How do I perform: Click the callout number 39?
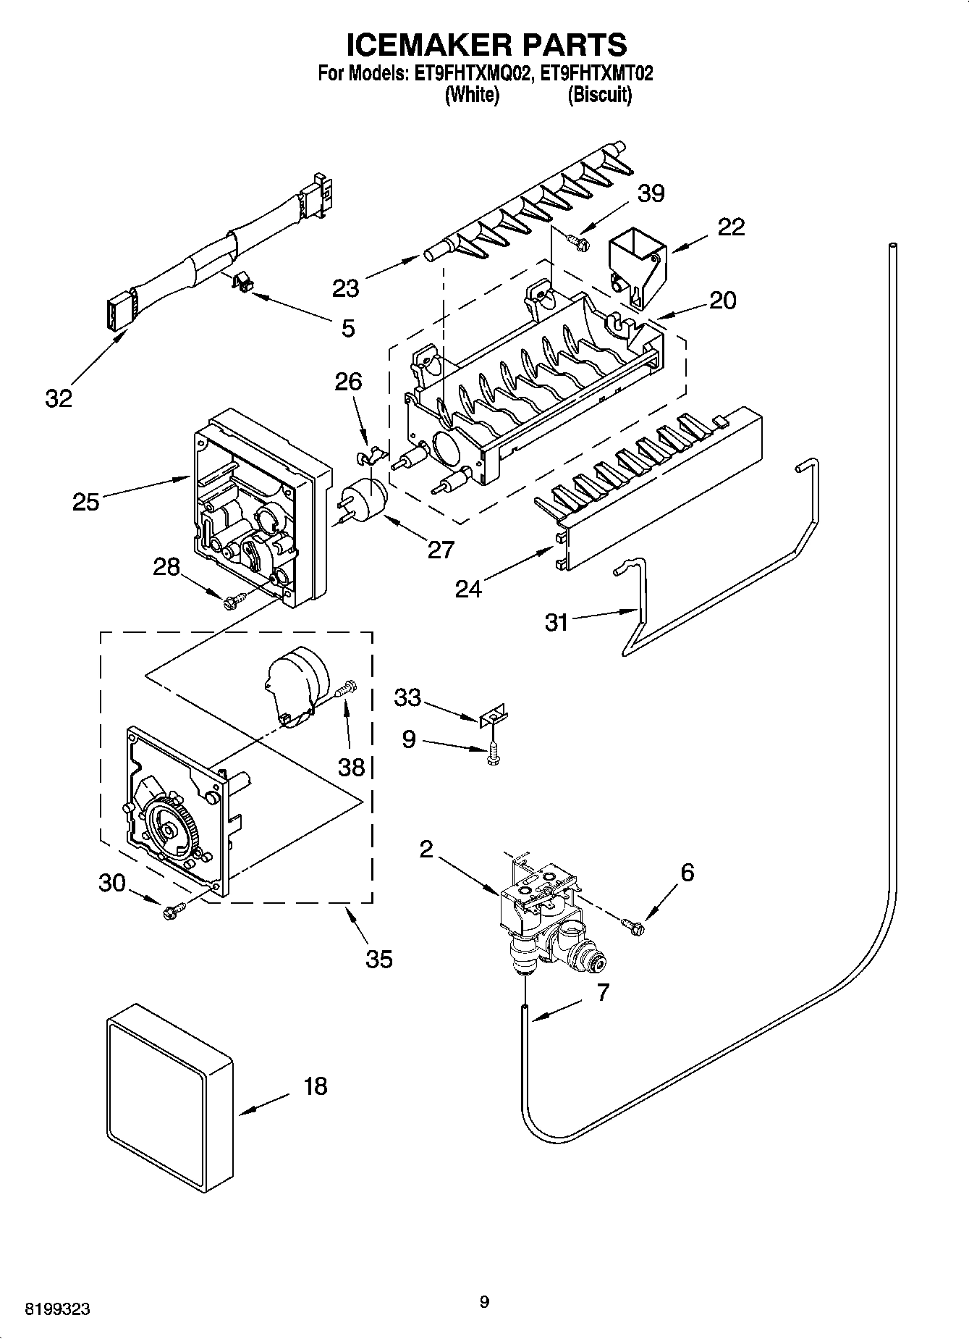(651, 193)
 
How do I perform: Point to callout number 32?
(59, 398)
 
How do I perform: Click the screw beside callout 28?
(234, 600)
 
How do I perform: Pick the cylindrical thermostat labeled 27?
(365, 500)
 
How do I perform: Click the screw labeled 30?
(174, 910)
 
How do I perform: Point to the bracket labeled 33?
(493, 717)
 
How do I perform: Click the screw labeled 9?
(494, 753)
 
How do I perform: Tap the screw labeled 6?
(632, 925)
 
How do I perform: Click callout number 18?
(316, 1086)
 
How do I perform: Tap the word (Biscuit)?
(599, 95)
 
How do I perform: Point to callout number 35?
(379, 959)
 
